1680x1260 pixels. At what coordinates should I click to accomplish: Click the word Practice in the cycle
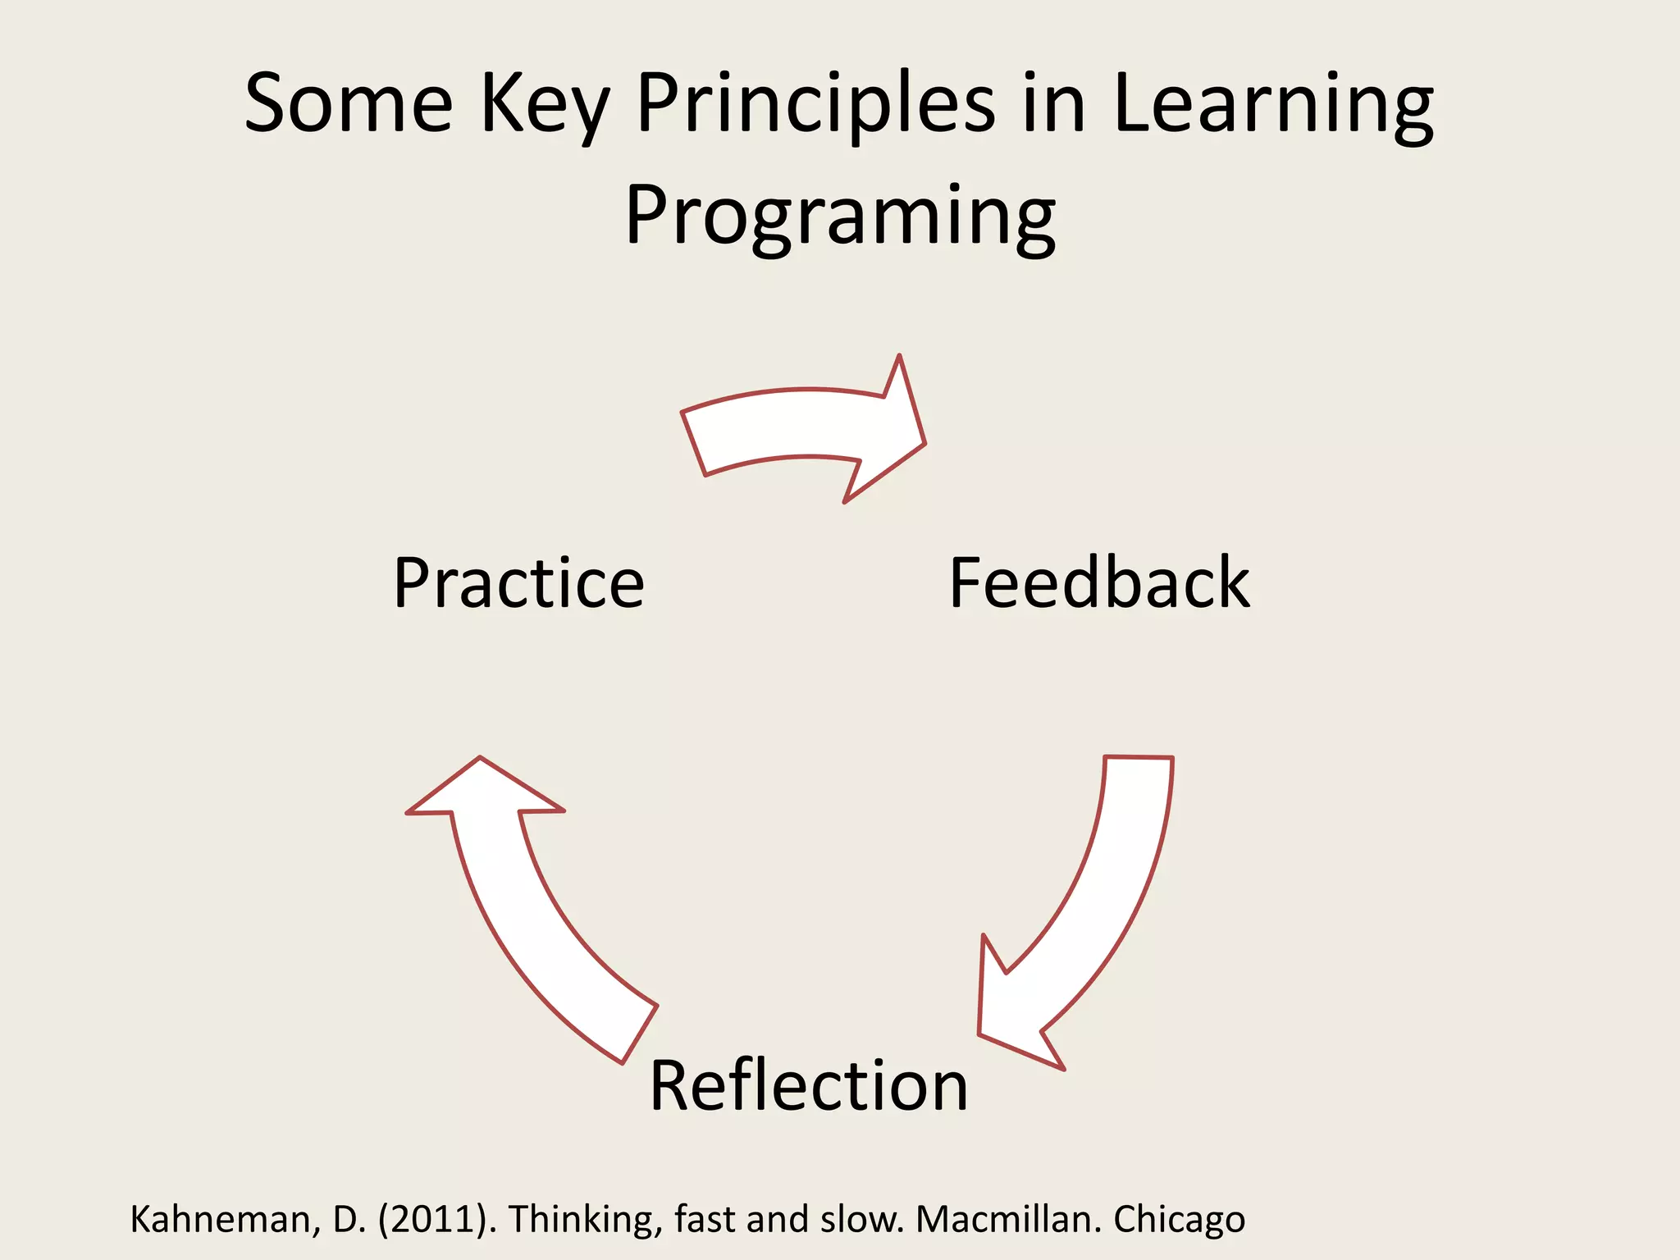coord(518,583)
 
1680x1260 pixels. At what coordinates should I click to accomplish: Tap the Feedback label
coord(1099,583)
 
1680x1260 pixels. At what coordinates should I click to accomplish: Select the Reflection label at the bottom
coord(809,1086)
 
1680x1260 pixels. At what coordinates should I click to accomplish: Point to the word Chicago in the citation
coord(1179,1220)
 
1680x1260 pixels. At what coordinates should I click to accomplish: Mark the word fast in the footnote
coord(706,1220)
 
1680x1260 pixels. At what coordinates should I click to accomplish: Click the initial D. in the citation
coord(349,1220)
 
